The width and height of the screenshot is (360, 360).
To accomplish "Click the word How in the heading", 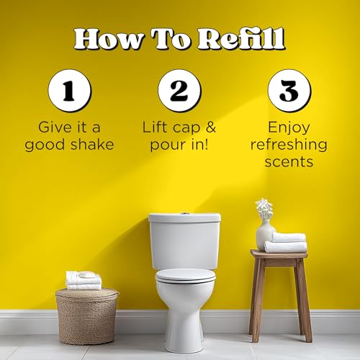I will pyautogui.click(x=107, y=37).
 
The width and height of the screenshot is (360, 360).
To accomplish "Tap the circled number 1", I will pyautogui.click(x=69, y=92).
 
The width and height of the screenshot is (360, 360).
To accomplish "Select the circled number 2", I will pyautogui.click(x=179, y=92).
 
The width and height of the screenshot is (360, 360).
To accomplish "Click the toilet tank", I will pyautogui.click(x=184, y=240).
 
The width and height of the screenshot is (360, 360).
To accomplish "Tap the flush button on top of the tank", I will pyautogui.click(x=185, y=214).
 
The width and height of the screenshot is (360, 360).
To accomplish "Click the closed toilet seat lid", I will pyautogui.click(x=185, y=275).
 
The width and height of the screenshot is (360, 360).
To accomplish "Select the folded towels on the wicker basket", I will pyautogui.click(x=84, y=280).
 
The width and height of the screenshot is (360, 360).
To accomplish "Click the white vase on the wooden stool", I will pyautogui.click(x=264, y=235).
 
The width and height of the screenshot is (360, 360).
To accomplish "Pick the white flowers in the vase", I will pyautogui.click(x=264, y=209).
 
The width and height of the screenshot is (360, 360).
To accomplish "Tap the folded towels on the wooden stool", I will pyautogui.click(x=286, y=243).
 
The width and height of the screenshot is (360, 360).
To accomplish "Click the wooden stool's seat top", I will pyautogui.click(x=279, y=254).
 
